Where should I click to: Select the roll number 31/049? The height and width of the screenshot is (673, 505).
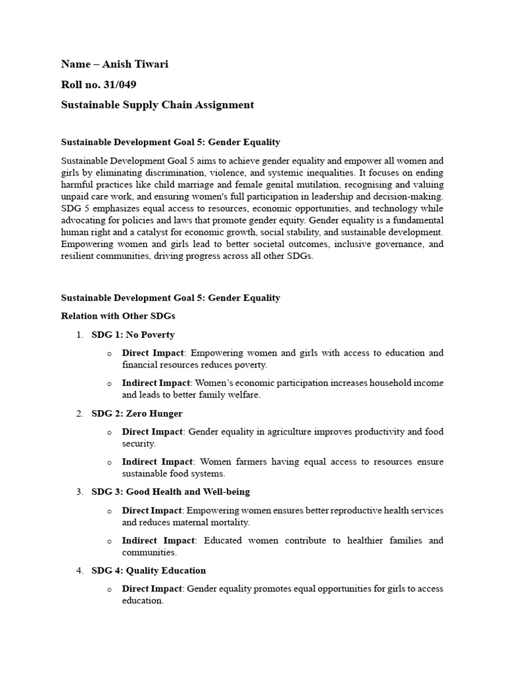[x=117, y=84]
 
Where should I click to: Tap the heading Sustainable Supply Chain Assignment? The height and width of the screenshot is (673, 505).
[x=157, y=104]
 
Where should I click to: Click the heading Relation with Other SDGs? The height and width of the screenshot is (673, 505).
[x=118, y=316]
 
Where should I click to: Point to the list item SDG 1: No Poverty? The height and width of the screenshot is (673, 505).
[x=133, y=335]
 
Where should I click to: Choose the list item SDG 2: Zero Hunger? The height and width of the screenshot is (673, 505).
[x=137, y=413]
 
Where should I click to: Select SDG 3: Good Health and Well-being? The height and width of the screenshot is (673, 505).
[x=170, y=492]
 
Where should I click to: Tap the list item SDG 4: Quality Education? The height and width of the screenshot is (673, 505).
[x=149, y=570]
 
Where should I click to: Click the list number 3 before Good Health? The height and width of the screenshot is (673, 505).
[x=80, y=492]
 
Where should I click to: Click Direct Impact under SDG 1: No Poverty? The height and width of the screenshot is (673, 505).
[x=153, y=353]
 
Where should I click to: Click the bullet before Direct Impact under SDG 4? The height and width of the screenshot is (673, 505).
[x=109, y=589]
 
